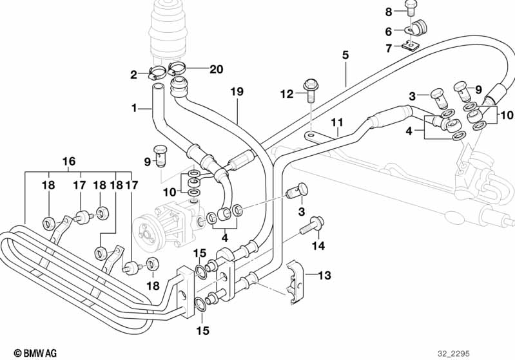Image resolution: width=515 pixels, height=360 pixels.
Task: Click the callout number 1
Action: [135, 108]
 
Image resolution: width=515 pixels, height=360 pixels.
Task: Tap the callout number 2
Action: [134, 75]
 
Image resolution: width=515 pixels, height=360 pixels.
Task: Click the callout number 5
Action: [345, 55]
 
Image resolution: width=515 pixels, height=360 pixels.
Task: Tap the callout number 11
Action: [336, 122]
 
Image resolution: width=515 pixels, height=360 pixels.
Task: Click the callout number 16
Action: [69, 161]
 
